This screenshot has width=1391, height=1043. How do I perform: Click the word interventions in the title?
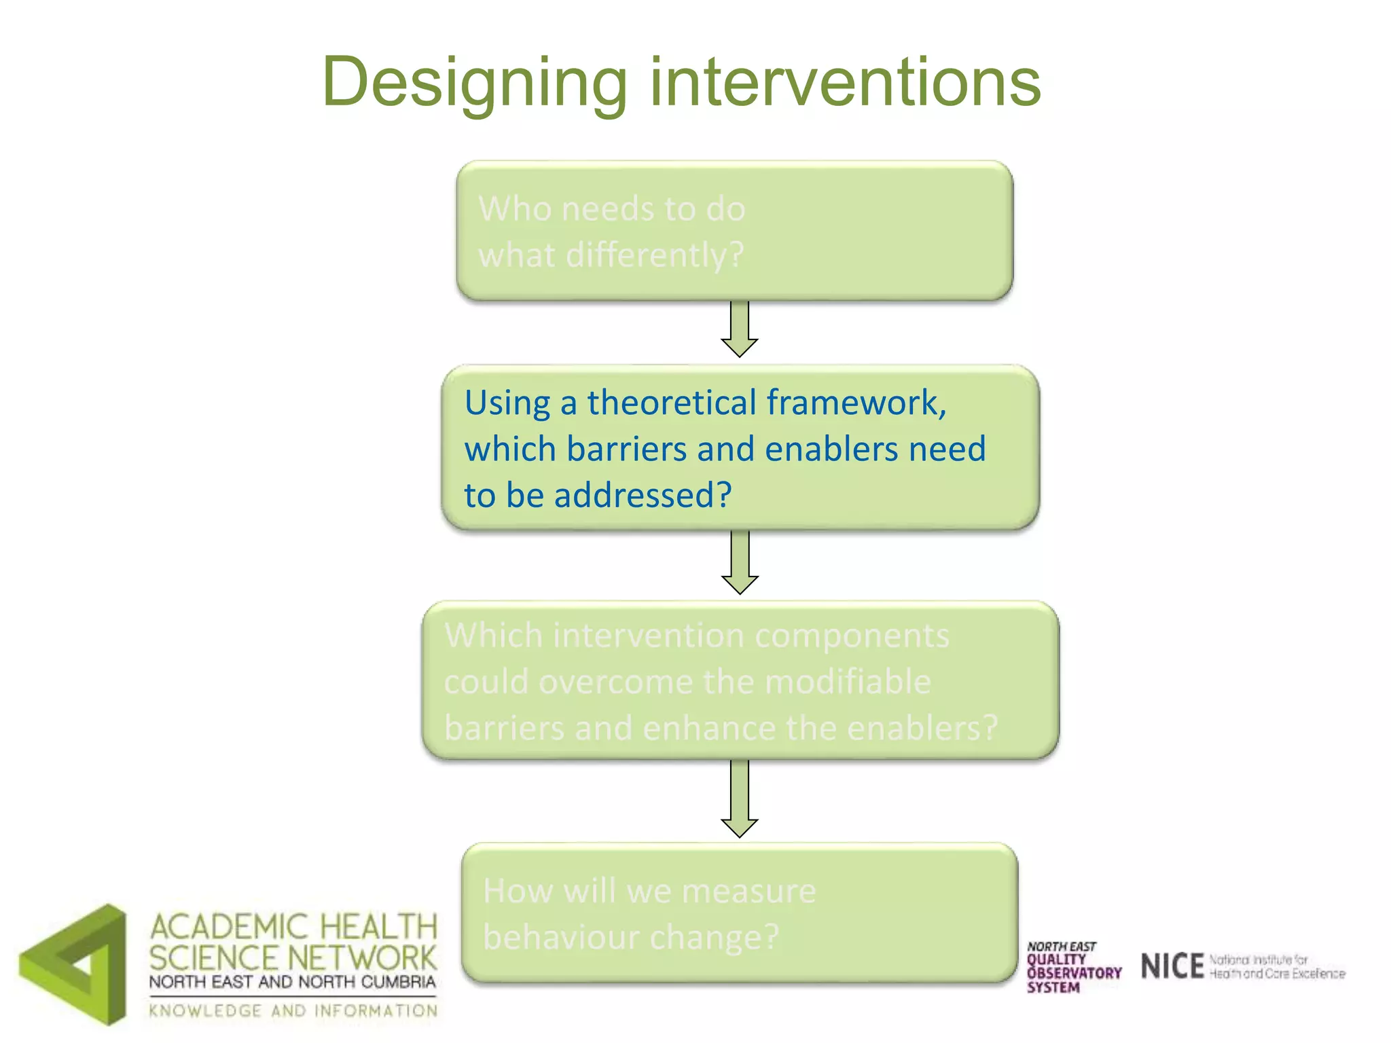pos(845,83)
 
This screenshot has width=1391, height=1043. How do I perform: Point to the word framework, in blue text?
pos(856,402)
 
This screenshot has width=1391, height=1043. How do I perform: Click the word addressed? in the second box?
pos(643,494)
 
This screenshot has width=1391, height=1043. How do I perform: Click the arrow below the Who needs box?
pos(739,329)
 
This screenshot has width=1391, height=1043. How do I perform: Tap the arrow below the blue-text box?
pos(739,563)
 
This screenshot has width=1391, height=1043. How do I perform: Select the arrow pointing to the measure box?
pos(739,799)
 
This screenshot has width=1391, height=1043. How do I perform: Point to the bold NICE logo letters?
pos(1172,966)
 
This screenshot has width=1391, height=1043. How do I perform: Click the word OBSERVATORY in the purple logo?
pos(1074,973)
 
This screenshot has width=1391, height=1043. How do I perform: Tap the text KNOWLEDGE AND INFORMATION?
pos(293,1011)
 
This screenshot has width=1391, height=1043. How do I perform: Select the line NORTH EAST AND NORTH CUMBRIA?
pos(292,982)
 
